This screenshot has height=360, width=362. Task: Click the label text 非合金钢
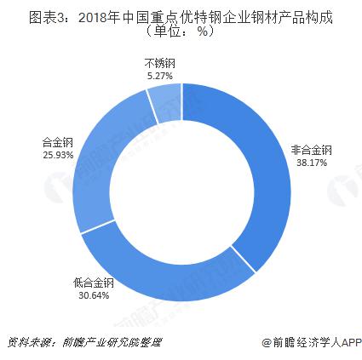coord(310,150)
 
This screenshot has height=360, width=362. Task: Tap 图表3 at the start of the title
coord(26,14)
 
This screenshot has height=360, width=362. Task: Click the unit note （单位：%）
coord(180,31)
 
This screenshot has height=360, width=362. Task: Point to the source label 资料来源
coord(25,343)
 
